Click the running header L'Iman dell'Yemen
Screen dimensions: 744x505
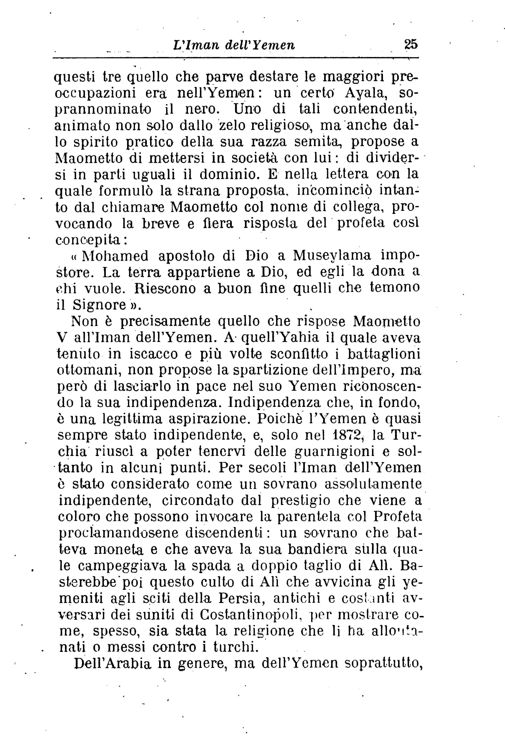point(233,45)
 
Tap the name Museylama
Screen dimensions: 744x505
point(332,256)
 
